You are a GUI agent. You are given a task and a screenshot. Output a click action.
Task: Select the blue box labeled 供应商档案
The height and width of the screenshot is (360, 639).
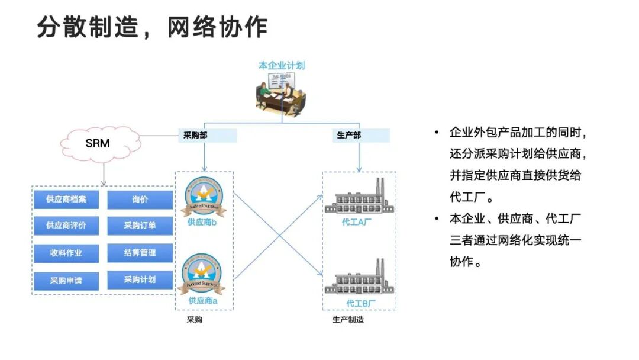[x=66, y=200]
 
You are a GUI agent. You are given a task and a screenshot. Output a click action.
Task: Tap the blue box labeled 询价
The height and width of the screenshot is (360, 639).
[x=140, y=200]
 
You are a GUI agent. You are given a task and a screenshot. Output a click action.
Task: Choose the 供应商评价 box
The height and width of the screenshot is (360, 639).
[x=66, y=226]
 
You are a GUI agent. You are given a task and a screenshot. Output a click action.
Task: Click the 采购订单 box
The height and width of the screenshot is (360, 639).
[x=140, y=226]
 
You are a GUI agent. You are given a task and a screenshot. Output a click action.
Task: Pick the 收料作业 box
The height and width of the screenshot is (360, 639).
[x=66, y=253]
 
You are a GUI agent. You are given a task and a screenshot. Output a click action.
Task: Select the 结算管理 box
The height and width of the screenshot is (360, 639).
[x=140, y=253]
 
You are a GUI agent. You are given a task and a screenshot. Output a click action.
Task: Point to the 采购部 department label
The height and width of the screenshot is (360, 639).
[x=207, y=136]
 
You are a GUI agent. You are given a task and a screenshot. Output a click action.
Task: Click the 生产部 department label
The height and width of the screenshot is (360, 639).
[x=360, y=136]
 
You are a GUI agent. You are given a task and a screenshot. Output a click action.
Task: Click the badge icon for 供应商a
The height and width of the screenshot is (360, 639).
[x=204, y=274]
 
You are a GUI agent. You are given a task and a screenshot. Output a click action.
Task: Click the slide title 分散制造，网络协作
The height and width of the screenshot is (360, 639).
[x=152, y=27]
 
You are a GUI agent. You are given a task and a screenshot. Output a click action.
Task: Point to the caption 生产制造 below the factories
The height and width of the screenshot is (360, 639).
[x=348, y=320]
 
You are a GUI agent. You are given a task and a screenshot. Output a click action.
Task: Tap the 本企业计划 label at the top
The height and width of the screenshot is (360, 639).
[x=282, y=66]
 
